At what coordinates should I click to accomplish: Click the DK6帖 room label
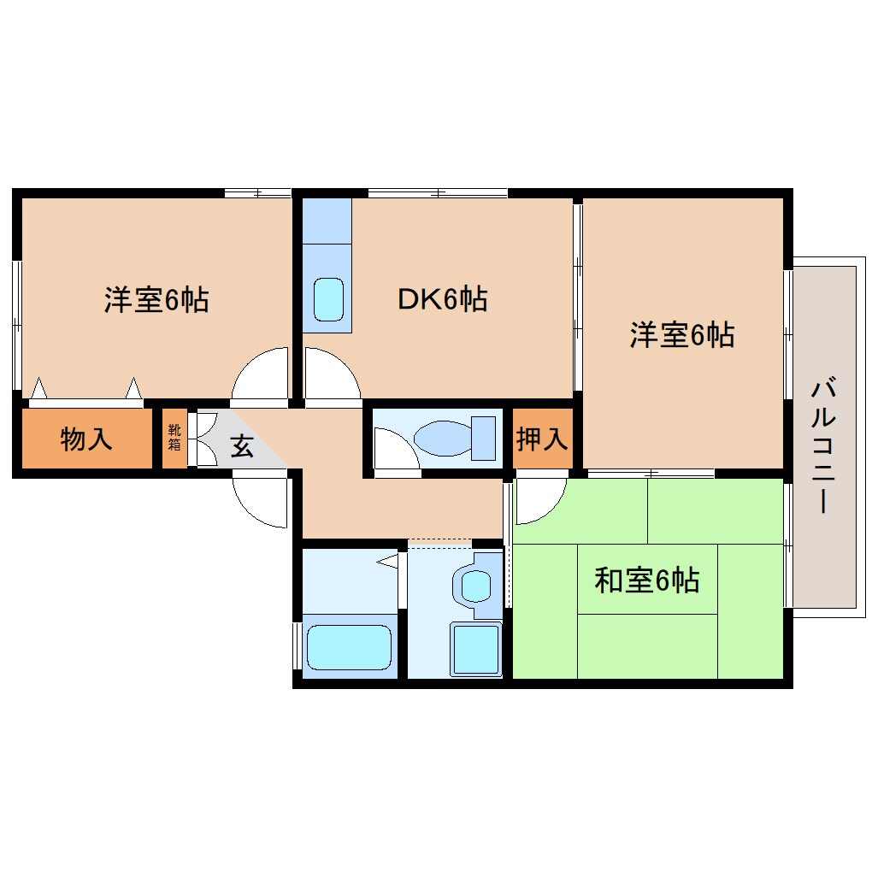click(442, 299)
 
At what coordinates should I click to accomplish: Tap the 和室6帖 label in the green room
click(647, 580)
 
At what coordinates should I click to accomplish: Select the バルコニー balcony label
click(822, 447)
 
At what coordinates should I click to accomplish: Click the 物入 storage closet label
click(86, 439)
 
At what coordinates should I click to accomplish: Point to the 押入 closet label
click(542, 439)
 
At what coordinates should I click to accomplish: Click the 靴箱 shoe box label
click(174, 438)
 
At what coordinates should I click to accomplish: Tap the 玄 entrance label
click(242, 445)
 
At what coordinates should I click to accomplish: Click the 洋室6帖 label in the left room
click(156, 300)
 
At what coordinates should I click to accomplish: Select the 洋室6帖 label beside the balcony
click(682, 335)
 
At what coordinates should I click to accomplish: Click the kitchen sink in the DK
click(327, 299)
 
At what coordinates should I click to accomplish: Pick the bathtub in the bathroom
click(349, 648)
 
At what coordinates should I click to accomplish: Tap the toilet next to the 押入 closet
click(455, 438)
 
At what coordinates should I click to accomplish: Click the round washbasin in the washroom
click(476, 586)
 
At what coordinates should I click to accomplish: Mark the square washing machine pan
click(475, 650)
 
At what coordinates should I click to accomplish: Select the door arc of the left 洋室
click(262, 374)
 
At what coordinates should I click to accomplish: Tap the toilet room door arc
click(396, 449)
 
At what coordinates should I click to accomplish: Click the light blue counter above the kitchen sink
click(327, 221)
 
